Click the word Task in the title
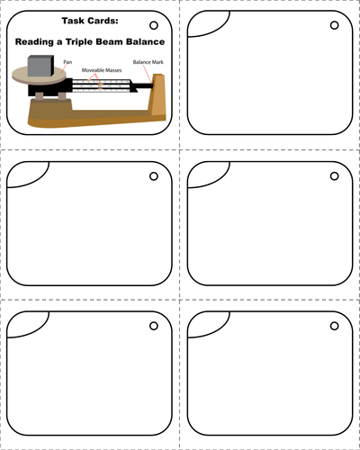(73, 21)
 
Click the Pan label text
(67, 62)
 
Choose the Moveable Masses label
(102, 70)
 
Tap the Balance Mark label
(148, 62)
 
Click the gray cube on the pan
(40, 66)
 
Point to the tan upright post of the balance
(157, 94)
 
